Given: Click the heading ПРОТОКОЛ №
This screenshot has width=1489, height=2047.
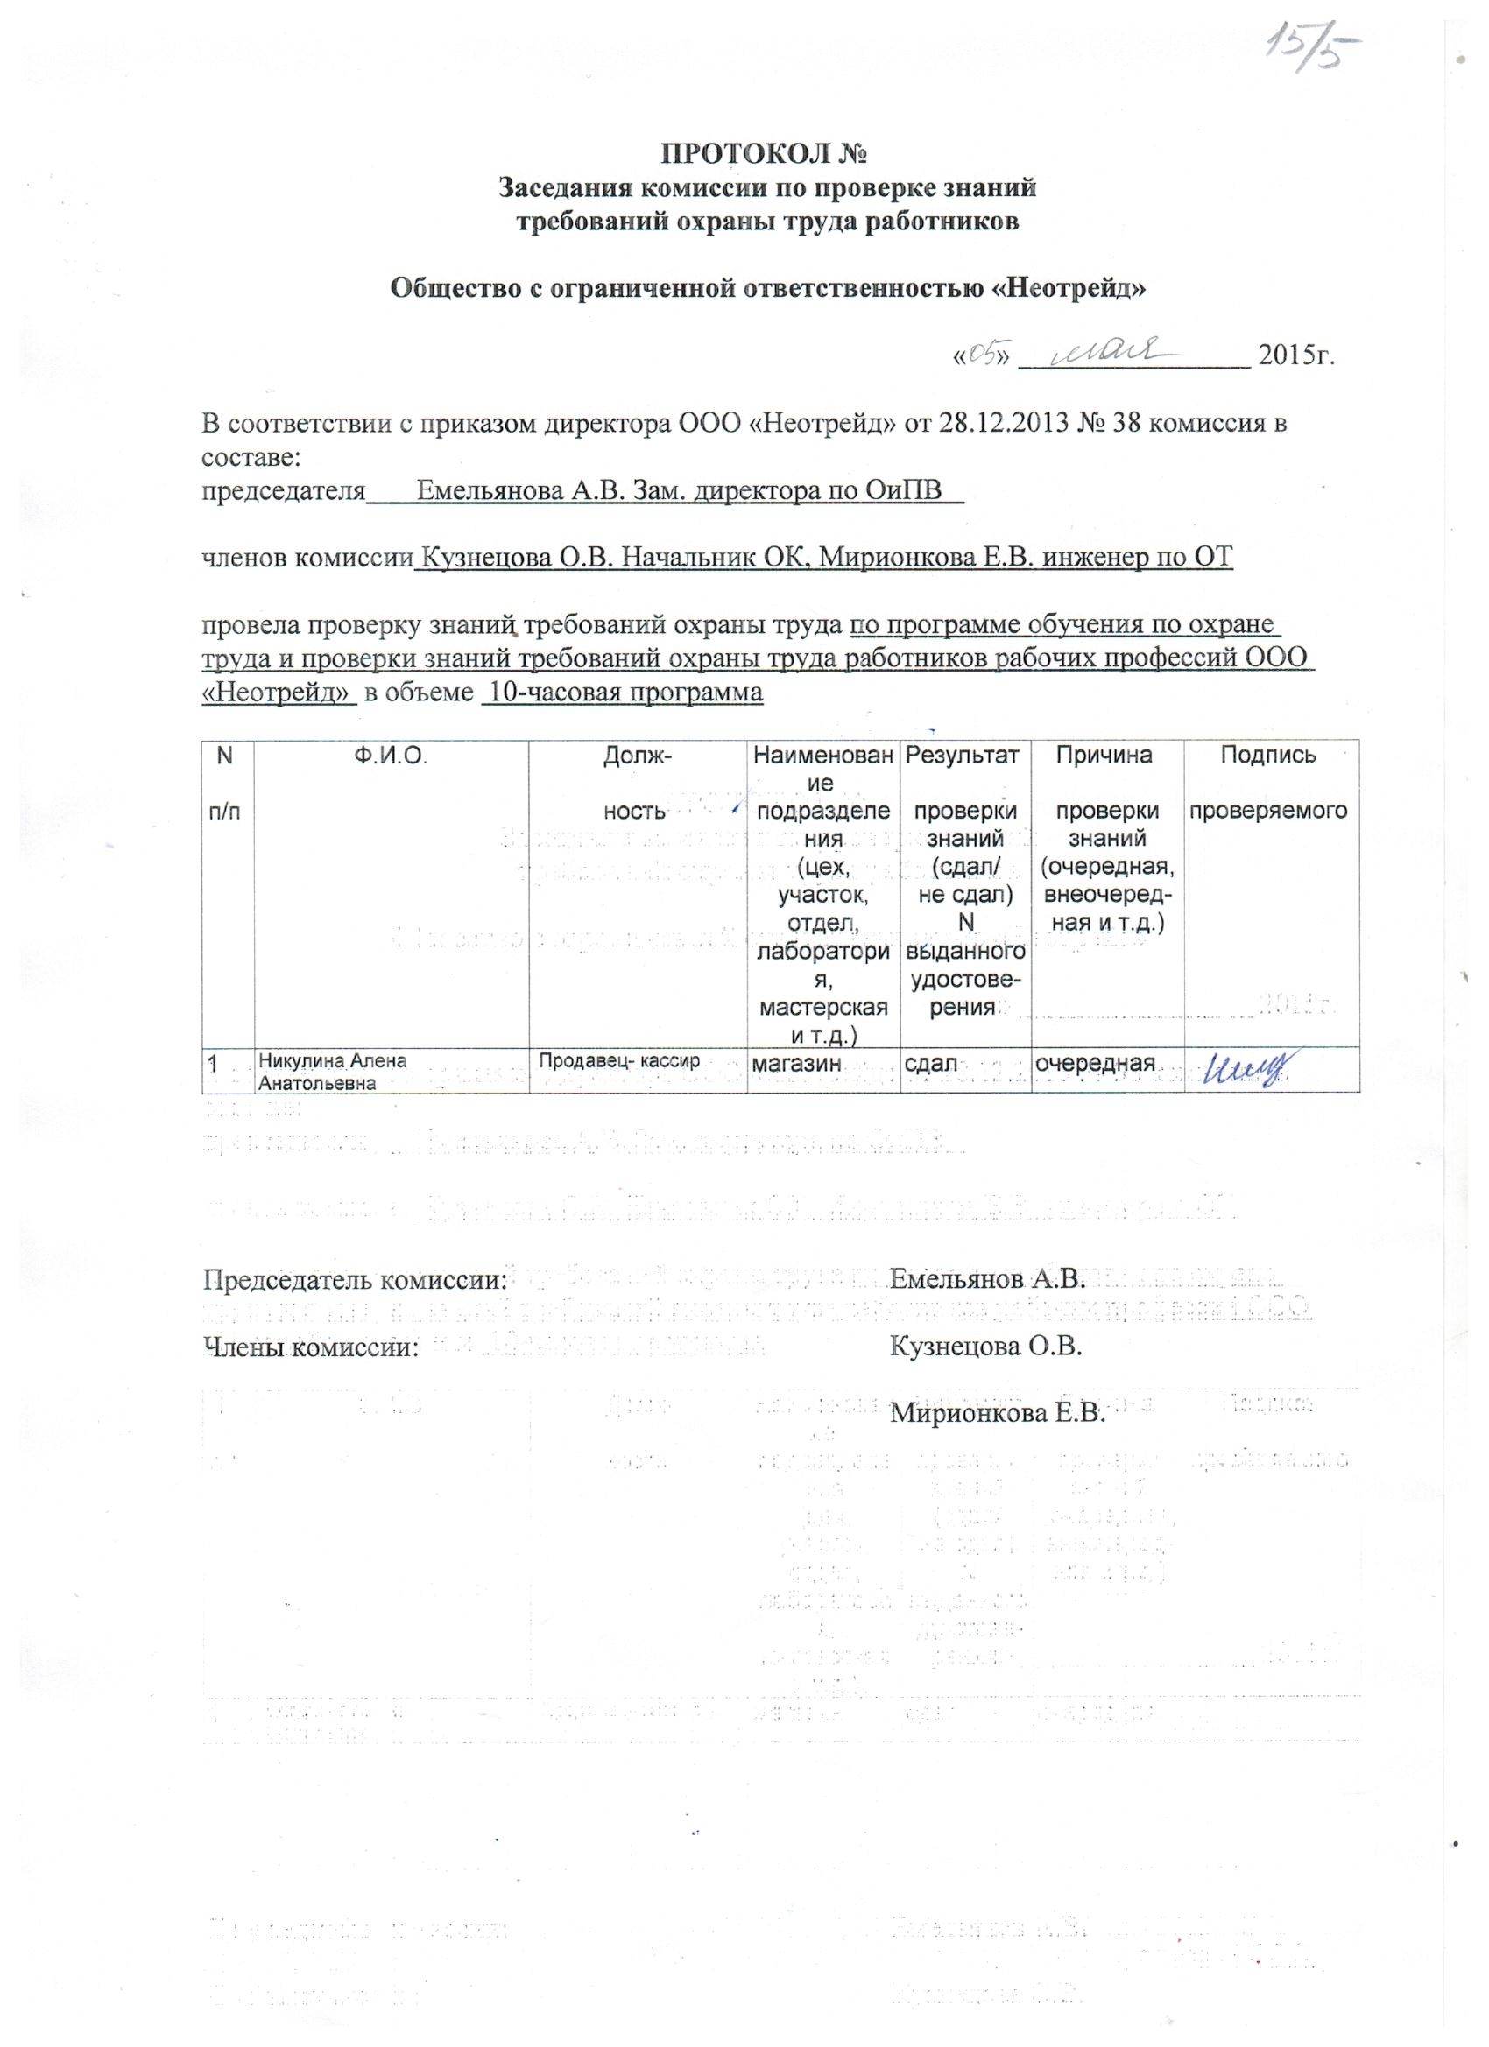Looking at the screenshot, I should point(766,154).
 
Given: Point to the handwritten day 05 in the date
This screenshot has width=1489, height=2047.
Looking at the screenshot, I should point(981,355).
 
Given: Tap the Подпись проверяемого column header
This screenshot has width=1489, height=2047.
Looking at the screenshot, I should point(1267,782).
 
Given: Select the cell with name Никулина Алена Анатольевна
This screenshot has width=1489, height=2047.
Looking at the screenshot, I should point(332,1073).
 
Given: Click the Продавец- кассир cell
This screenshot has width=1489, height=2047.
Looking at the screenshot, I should point(619,1061).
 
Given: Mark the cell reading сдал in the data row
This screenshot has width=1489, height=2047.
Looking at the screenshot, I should point(931,1065).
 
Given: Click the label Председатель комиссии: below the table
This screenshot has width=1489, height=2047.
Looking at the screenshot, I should point(355,1279).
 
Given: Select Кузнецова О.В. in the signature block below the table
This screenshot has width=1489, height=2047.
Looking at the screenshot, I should point(985,1347).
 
